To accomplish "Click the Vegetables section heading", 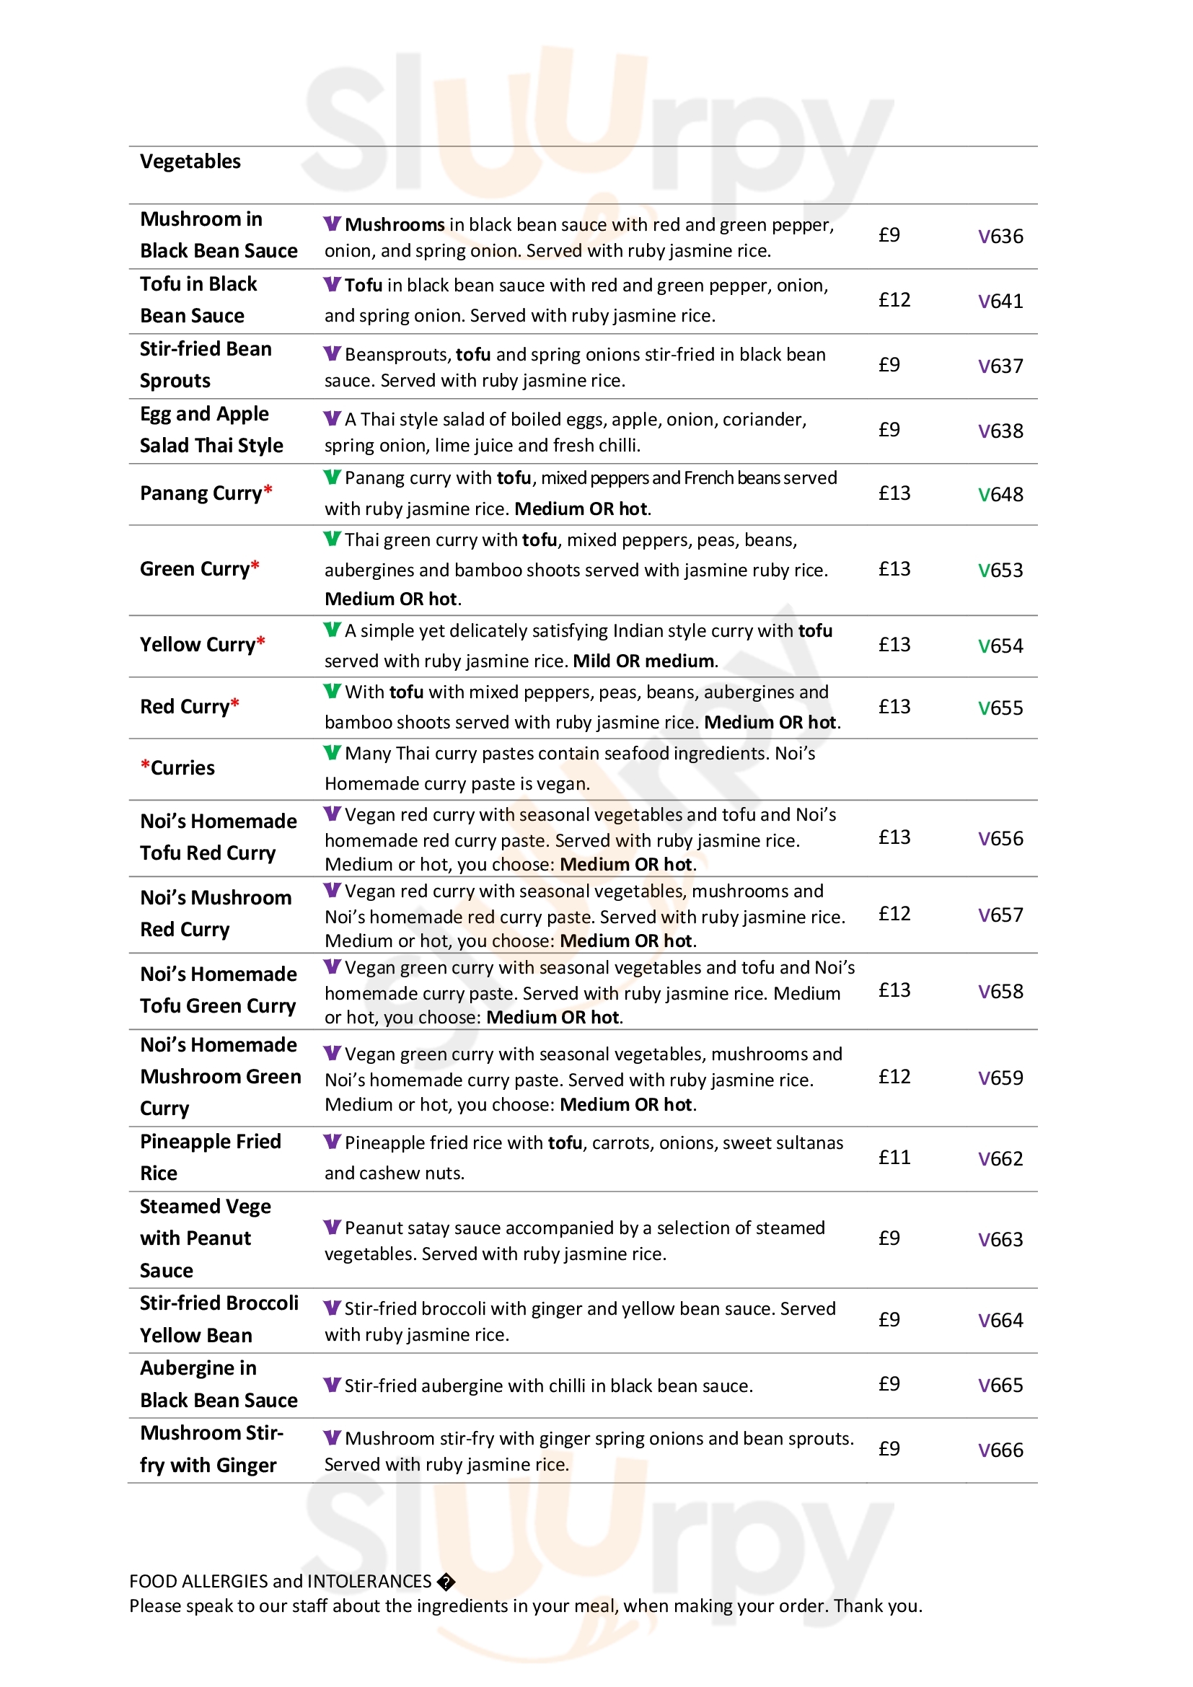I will (190, 162).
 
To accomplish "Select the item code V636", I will (1000, 237).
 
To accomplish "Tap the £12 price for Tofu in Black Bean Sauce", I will (894, 300).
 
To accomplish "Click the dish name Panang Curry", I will (201, 493).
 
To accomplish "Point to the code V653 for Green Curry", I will (1000, 571).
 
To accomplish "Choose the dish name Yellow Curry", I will (197, 644).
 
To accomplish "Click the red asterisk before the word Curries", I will (146, 766).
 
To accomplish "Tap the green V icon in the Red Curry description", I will (332, 692).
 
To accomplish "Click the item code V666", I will (1000, 1450).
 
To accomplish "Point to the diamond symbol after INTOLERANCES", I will (446, 1581).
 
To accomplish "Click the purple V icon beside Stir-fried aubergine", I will (332, 1385).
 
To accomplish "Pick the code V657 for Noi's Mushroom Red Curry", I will (1000, 915).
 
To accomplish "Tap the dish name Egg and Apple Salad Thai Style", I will (211, 430).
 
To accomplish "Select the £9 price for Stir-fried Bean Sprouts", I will (889, 364).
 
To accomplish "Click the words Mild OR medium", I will (644, 661).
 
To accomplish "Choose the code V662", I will (1000, 1159).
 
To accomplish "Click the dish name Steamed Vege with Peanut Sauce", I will (205, 1238).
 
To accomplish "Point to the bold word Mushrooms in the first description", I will (395, 225).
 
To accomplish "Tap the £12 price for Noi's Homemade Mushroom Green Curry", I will (894, 1076).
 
